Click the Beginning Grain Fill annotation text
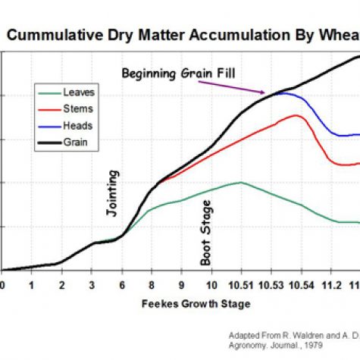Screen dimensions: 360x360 coord(180,73)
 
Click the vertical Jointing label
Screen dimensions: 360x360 coord(111,198)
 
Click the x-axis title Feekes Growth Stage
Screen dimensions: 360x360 coord(195,303)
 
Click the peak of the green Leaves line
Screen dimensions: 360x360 coord(240,182)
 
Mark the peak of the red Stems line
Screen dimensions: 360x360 coord(296,115)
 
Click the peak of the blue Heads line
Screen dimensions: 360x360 coord(281,92)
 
